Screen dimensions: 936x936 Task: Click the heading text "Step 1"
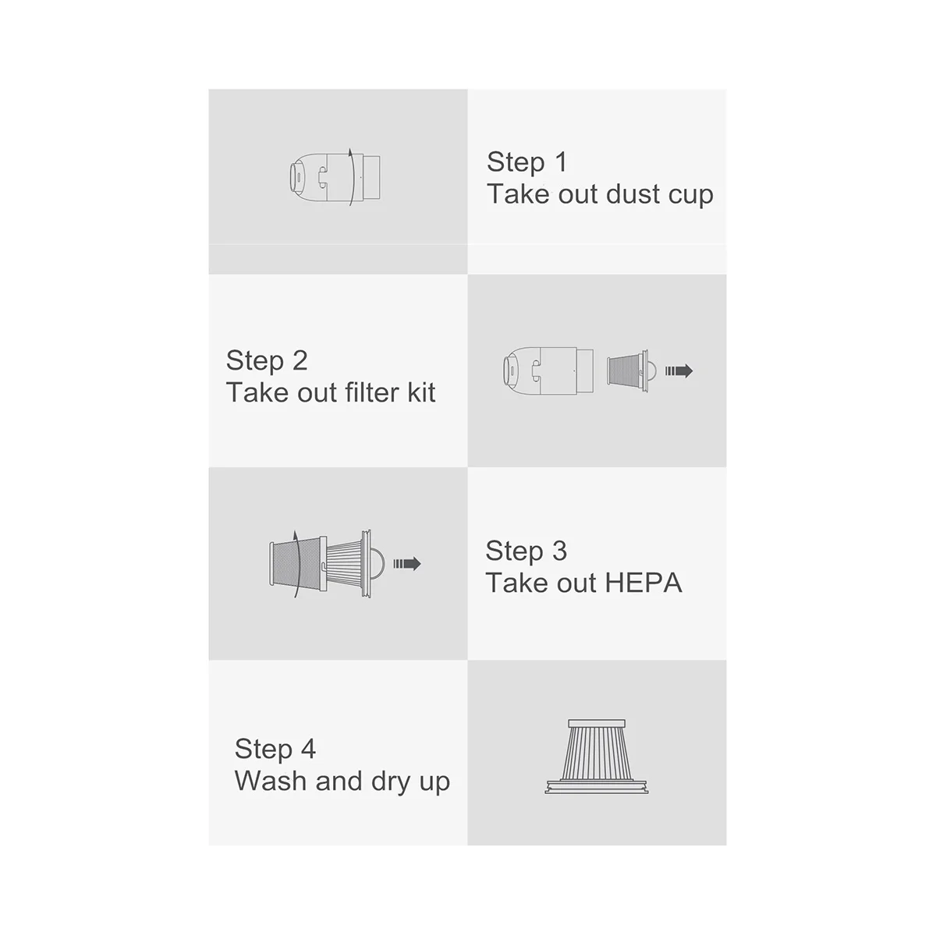[x=526, y=162]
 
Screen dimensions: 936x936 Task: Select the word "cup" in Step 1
[x=690, y=195]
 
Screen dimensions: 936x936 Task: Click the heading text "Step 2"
[x=267, y=360]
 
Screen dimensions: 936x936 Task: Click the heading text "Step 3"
[x=526, y=551]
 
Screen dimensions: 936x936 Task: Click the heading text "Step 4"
[x=275, y=749]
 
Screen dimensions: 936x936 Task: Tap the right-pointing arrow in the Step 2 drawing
[x=679, y=371]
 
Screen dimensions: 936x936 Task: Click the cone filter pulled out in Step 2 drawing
[x=628, y=371]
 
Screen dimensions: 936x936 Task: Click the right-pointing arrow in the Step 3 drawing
[x=406, y=563]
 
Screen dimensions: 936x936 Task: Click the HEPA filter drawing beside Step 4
[x=597, y=753]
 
